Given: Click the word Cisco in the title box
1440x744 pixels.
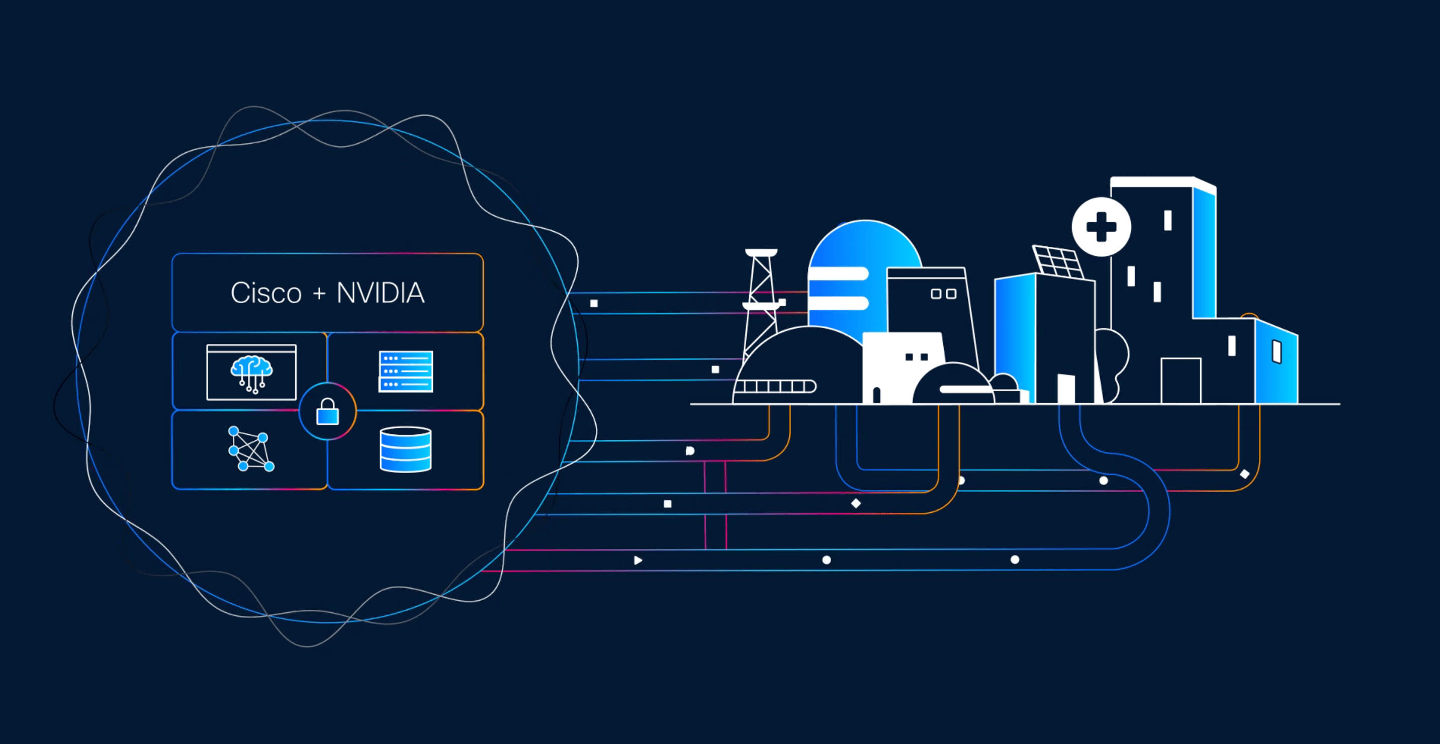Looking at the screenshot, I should click(266, 293).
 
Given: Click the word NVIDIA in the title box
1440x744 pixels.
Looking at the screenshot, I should click(381, 293).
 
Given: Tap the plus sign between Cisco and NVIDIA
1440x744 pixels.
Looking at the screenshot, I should click(319, 293).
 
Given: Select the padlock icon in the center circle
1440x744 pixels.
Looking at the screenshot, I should click(328, 413).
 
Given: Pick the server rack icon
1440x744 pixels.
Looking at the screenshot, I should click(406, 371).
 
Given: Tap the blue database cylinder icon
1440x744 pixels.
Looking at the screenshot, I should click(406, 449).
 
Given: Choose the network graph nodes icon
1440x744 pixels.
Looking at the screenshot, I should click(251, 449).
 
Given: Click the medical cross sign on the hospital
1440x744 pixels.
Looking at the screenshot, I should click(1101, 227).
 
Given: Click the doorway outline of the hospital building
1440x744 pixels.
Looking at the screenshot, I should click(1181, 380).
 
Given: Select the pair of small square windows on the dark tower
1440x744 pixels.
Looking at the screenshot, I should click(944, 294).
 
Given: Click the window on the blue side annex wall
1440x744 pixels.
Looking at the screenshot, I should click(1277, 351).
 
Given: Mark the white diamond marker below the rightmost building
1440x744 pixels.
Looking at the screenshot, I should click(1244, 474).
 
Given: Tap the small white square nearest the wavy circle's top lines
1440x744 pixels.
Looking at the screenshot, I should click(594, 304).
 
